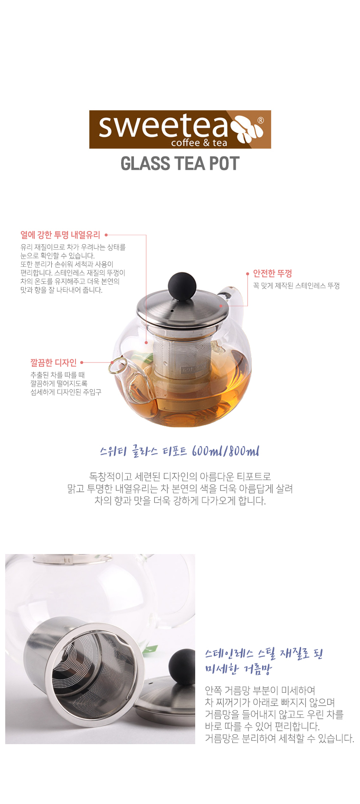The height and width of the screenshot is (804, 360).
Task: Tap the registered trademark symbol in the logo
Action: point(261,120)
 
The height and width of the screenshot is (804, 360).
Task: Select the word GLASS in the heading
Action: point(145,163)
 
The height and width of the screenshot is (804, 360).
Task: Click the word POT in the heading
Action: point(224,163)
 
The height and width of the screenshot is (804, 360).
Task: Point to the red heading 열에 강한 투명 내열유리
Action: point(60,235)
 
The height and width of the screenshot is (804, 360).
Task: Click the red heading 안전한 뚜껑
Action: point(273,274)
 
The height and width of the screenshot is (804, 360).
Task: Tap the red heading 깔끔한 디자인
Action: point(54,363)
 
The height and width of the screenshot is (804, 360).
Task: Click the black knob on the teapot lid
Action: point(182,286)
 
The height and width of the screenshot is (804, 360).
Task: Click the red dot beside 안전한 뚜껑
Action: point(247,274)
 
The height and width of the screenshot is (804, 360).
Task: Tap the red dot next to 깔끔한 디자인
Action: point(82,363)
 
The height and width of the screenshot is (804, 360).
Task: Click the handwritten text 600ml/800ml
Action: point(226,451)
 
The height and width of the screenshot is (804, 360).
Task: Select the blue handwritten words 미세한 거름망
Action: point(239,668)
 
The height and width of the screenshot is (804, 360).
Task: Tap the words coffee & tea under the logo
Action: point(199,143)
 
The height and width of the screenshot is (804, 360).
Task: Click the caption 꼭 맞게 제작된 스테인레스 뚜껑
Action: point(296,286)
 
